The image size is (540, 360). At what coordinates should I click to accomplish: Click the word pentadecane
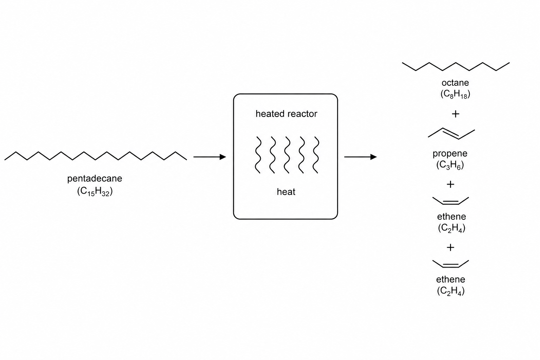coord(95,179)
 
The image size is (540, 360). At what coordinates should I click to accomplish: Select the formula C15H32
coord(95,192)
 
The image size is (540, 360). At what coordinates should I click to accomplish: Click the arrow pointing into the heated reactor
coord(210,157)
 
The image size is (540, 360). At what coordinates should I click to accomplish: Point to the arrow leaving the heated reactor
coord(360,157)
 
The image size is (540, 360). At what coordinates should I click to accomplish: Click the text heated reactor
coord(287,114)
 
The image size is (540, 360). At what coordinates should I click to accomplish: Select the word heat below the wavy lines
coord(286,192)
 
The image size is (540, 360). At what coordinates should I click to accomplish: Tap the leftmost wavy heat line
coord(258,155)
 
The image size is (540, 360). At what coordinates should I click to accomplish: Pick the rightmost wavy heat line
coord(316,155)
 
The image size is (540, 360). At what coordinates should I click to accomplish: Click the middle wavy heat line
coord(287,155)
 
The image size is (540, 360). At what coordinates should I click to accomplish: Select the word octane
coord(455,83)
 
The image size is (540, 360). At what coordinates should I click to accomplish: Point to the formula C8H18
coord(455,94)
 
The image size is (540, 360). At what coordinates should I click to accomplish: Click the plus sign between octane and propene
coord(455,114)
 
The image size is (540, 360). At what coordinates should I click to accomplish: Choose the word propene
coord(450,154)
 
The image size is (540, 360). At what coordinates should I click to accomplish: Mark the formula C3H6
coord(450,165)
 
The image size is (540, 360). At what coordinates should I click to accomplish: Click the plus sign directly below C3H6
coord(450,185)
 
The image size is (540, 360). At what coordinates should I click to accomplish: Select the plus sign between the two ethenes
coord(450,247)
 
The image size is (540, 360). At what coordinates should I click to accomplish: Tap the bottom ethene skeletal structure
coord(451,267)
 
